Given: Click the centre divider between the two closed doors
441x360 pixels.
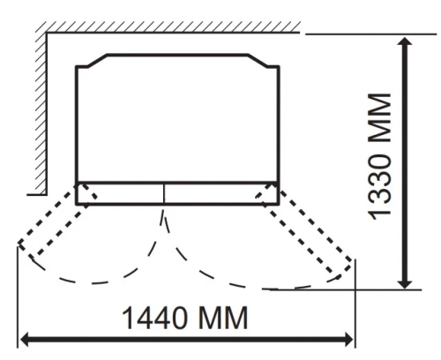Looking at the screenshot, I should pyautogui.click(x=165, y=193).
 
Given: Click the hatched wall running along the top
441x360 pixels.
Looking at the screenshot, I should pyautogui.click(x=168, y=29).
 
